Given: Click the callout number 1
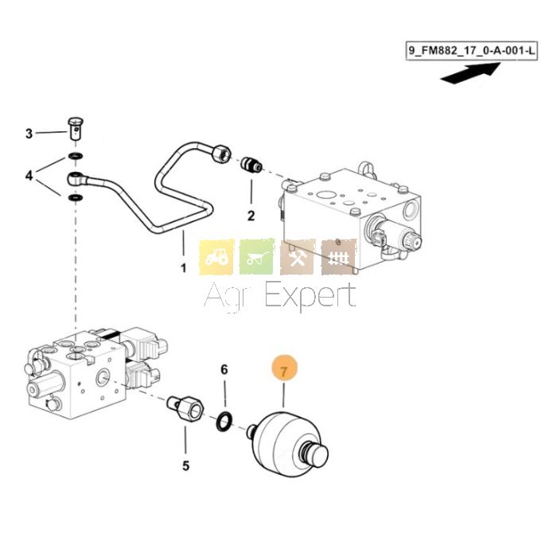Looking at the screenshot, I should point(183,268).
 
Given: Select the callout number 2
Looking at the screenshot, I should point(251,215).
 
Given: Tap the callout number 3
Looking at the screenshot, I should point(29,133).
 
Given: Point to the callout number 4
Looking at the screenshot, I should point(29,175).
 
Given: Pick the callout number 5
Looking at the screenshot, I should point(185,465).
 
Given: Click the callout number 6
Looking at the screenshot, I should point(224,369).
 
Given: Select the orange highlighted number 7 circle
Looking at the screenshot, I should point(284,369).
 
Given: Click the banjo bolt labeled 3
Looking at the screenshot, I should point(75,127).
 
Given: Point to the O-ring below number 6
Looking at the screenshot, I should point(225,420).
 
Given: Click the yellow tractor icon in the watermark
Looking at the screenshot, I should point(216,256).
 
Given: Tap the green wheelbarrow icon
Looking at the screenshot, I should point(257,256).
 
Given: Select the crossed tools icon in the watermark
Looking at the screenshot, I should point(298,256).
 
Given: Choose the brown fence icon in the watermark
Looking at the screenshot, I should point(338,256).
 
